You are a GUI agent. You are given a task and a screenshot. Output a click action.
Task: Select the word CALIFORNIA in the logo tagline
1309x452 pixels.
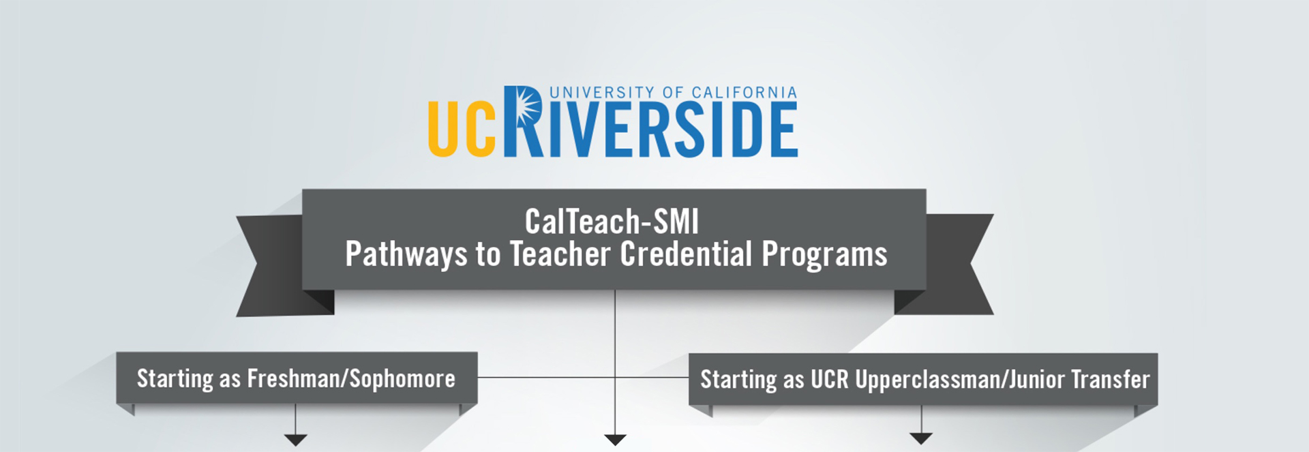tap(744, 93)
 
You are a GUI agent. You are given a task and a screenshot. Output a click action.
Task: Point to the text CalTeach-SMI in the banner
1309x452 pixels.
tap(612, 222)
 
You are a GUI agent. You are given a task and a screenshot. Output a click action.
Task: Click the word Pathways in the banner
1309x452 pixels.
tap(406, 255)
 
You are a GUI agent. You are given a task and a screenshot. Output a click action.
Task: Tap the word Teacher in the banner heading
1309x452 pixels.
tap(560, 254)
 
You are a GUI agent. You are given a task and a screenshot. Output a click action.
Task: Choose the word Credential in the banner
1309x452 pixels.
tap(686, 254)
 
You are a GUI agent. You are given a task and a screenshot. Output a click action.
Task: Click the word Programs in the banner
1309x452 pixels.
tap(824, 255)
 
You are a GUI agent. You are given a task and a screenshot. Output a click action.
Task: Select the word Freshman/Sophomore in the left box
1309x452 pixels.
tap(351, 378)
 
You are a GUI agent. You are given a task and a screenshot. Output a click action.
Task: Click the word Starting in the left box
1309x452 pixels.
tap(175, 379)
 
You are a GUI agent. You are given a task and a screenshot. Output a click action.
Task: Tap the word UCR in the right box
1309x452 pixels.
tap(829, 379)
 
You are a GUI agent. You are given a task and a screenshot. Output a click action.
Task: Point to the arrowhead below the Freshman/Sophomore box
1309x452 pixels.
tap(295, 440)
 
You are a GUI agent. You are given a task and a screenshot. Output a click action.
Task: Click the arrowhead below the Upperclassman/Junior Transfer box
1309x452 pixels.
tap(921, 439)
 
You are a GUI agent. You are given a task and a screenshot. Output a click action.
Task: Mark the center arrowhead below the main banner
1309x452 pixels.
tap(615, 440)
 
